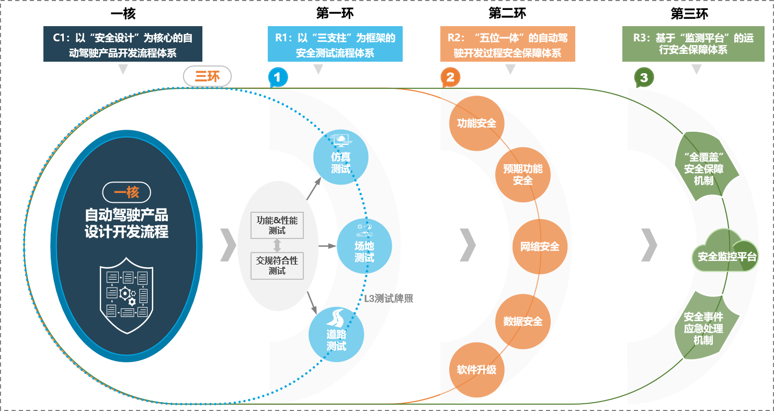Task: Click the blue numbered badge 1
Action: [278, 78]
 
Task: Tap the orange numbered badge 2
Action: [450, 78]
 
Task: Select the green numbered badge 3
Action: [644, 78]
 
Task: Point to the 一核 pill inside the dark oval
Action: [126, 192]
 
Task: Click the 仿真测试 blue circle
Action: [340, 156]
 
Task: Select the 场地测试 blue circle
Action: [364, 246]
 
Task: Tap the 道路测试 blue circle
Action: [336, 334]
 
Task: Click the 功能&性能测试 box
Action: [277, 225]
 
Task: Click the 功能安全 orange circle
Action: [476, 123]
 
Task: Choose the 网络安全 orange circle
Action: [539, 246]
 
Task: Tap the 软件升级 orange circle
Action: [476, 370]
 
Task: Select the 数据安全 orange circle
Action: [522, 321]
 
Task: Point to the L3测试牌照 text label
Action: [389, 299]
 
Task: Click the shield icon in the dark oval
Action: [127, 295]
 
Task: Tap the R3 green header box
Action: [693, 44]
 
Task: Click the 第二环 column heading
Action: [507, 13]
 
